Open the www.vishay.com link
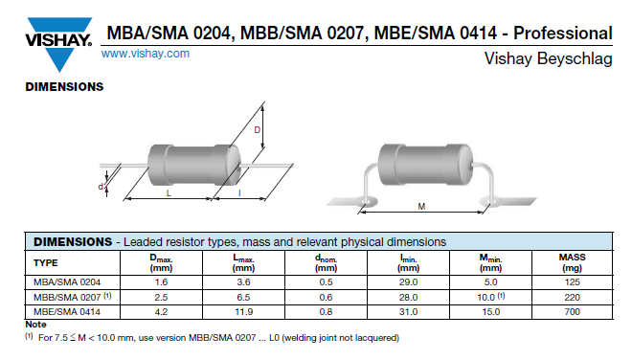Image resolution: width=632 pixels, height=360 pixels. pyautogui.click(x=146, y=54)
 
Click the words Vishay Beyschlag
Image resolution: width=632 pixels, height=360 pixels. pyautogui.click(x=548, y=58)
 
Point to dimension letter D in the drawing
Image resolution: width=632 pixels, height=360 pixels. pyautogui.click(x=258, y=130)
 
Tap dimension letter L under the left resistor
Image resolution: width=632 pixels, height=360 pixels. pyautogui.click(x=169, y=193)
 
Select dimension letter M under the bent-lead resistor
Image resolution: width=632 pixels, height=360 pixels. pyautogui.click(x=421, y=207)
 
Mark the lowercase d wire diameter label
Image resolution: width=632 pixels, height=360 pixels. pyautogui.click(x=101, y=187)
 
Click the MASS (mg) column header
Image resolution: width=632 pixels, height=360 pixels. pyautogui.click(x=572, y=262)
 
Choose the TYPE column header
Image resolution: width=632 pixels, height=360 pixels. pyautogui.click(x=46, y=263)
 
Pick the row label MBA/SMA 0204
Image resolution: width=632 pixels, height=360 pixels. pyautogui.click(x=67, y=282)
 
